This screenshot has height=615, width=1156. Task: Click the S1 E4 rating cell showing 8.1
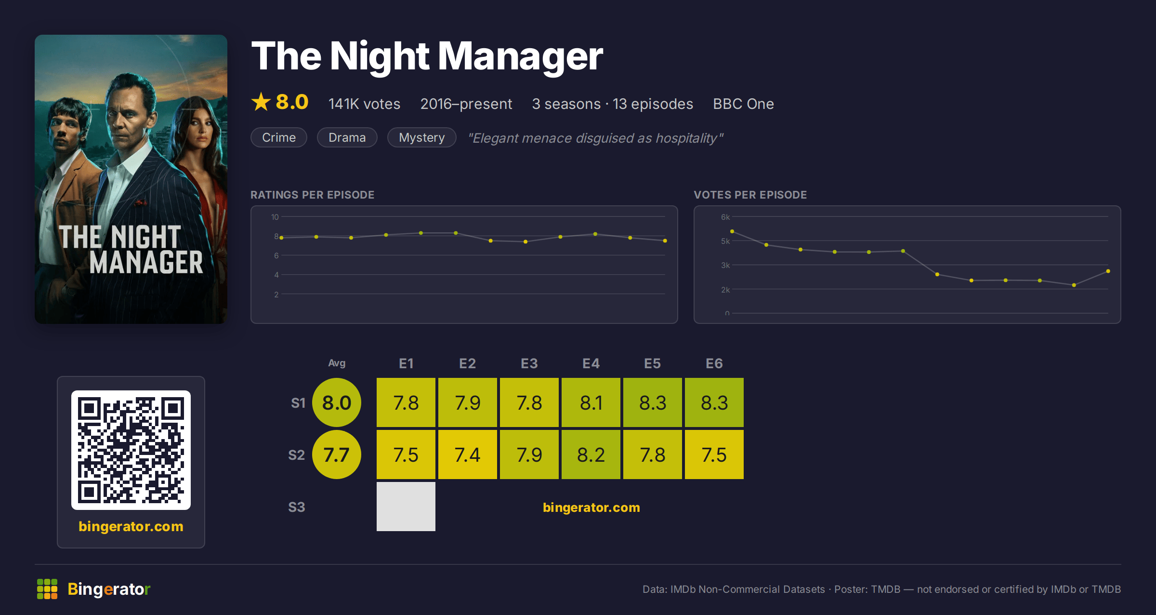click(591, 402)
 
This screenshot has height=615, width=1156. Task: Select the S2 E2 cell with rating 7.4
click(468, 455)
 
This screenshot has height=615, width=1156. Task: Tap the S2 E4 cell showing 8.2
click(591, 455)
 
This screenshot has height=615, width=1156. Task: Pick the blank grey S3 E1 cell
click(406, 507)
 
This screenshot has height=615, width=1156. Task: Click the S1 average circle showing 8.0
click(337, 402)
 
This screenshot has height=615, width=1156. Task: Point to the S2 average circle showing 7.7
click(337, 455)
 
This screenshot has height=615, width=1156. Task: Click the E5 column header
click(653, 363)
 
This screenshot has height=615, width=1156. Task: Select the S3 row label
click(297, 507)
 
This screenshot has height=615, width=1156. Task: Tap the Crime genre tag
click(279, 137)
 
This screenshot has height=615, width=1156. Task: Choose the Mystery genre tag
click(422, 137)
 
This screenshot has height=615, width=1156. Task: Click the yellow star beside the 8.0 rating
click(261, 102)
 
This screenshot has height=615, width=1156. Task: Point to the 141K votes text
click(365, 104)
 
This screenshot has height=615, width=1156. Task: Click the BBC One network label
click(744, 104)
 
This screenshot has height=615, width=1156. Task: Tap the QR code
click(131, 450)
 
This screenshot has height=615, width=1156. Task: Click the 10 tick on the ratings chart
click(275, 217)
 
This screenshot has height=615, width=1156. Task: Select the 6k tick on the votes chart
click(725, 217)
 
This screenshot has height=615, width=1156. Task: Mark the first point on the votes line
click(732, 231)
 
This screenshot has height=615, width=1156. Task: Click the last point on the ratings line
click(665, 241)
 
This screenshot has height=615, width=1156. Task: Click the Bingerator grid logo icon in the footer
click(47, 589)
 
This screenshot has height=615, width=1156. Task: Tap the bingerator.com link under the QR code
click(131, 526)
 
